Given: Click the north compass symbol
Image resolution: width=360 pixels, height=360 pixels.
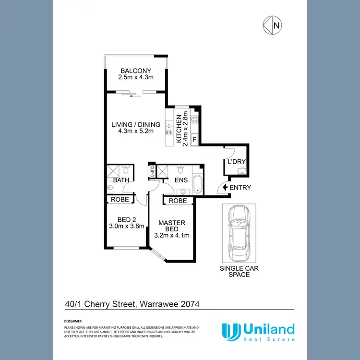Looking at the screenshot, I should (273, 24).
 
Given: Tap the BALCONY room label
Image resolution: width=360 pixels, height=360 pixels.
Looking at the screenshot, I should (136, 71).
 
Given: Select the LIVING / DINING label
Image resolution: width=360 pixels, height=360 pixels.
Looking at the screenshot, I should (136, 125).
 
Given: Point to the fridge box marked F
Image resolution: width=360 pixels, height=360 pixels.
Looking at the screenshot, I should (194, 140).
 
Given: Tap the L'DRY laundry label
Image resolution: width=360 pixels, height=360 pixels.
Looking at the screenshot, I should (236, 162).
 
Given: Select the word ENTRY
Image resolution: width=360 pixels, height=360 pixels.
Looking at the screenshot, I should (240, 187).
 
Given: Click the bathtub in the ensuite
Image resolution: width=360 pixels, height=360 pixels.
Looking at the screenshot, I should (197, 184).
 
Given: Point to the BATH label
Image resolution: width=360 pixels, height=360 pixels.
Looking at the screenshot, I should (120, 180).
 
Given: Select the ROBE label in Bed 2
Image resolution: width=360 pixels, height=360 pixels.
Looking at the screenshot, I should (120, 200).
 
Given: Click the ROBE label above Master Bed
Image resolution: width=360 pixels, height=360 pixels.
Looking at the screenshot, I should (178, 201).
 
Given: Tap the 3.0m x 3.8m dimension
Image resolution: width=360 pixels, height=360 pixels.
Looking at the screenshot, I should (127, 226).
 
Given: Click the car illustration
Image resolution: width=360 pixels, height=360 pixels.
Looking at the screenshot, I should (239, 231).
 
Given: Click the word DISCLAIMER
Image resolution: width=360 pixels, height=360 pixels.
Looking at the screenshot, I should (73, 320).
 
